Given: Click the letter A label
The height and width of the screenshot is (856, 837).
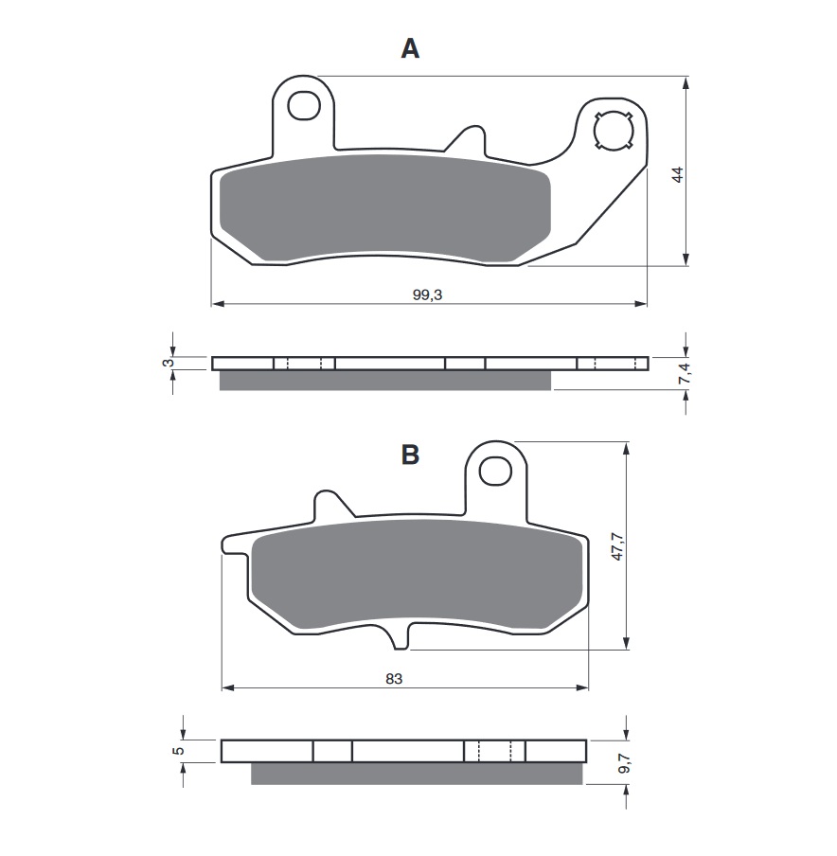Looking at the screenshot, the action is coord(410,48).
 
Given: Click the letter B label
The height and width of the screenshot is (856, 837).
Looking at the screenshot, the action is coord(410,455).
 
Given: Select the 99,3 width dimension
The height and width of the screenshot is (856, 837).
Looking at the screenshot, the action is coord(428,294).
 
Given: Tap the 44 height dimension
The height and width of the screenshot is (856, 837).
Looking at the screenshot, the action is coord(678,174).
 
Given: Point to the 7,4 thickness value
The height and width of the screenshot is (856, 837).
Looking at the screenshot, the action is coord(686,374).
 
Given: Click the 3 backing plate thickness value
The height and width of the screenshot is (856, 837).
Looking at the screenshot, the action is coord(169,363).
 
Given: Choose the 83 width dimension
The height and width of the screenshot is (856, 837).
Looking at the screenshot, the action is coord(394,679).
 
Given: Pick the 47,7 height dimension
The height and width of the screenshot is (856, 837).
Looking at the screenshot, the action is coord(617,545).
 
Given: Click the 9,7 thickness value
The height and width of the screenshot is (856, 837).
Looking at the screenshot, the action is coord(625,762).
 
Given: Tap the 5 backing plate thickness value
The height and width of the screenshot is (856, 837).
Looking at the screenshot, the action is coord(179,751).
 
